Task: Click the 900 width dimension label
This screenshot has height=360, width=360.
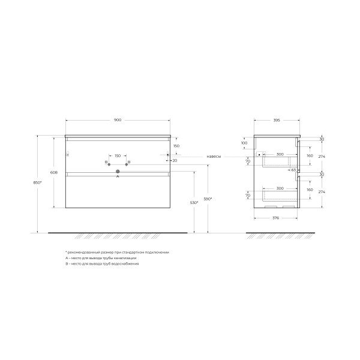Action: (x=118, y=121)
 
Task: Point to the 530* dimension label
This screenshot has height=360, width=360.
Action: (x=194, y=203)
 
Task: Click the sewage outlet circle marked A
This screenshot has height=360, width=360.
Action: (x=118, y=172)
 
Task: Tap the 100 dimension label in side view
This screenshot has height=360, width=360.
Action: (x=244, y=143)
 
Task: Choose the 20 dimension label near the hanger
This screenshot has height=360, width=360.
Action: (x=175, y=160)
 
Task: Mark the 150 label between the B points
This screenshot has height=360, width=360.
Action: (x=118, y=156)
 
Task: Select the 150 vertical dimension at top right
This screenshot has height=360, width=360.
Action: (x=176, y=146)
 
